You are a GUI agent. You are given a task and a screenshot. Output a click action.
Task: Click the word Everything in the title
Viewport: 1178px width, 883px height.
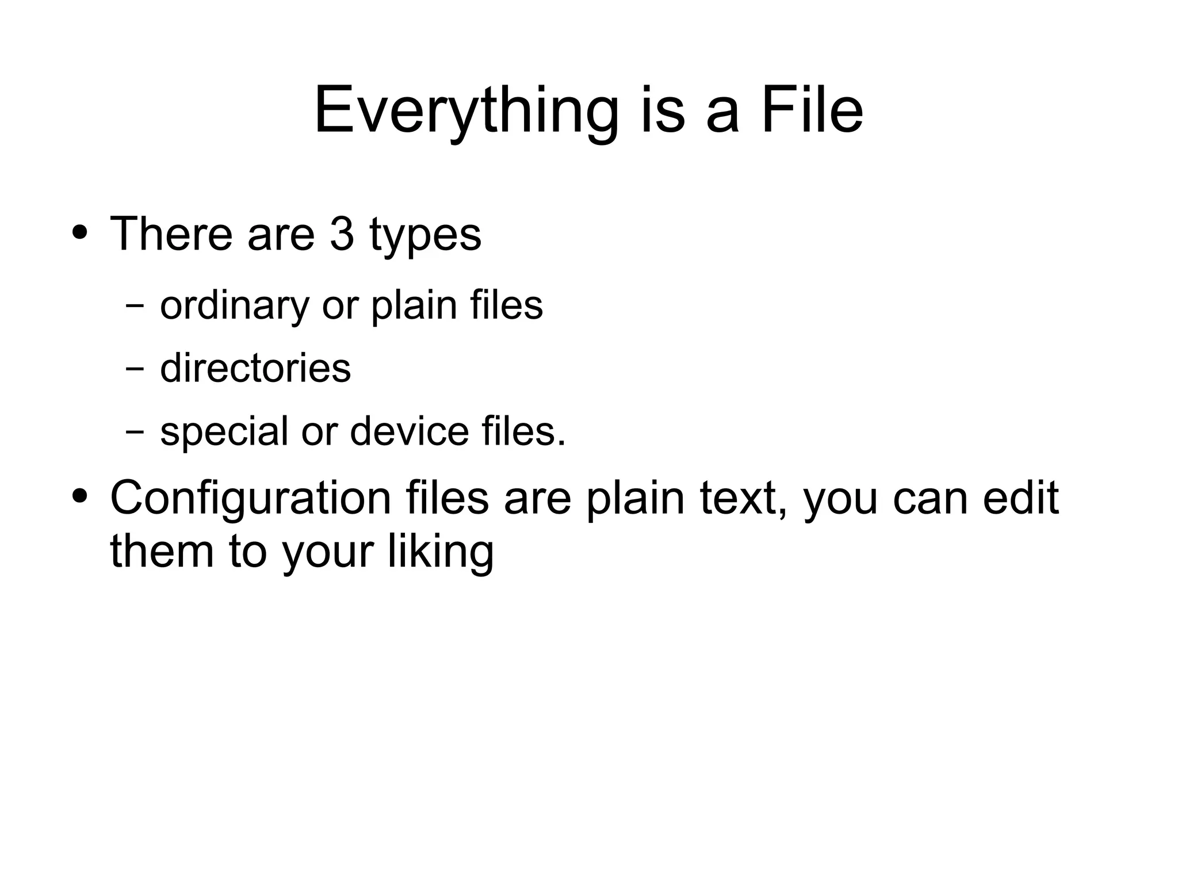pos(466,110)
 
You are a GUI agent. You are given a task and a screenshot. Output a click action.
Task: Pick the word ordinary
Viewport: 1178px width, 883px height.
pos(235,305)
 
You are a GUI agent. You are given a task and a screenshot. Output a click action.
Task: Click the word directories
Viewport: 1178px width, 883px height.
pos(255,368)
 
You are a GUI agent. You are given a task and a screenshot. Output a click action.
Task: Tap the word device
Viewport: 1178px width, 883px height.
pos(409,431)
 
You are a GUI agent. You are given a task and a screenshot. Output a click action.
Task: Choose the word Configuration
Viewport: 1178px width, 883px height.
pos(250,498)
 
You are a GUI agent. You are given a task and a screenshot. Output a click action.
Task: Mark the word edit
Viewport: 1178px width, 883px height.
pos(1020,498)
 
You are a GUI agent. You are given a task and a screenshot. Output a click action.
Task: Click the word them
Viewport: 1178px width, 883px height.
pos(162,551)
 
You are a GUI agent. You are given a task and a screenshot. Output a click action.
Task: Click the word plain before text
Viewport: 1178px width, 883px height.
pos(635,498)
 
